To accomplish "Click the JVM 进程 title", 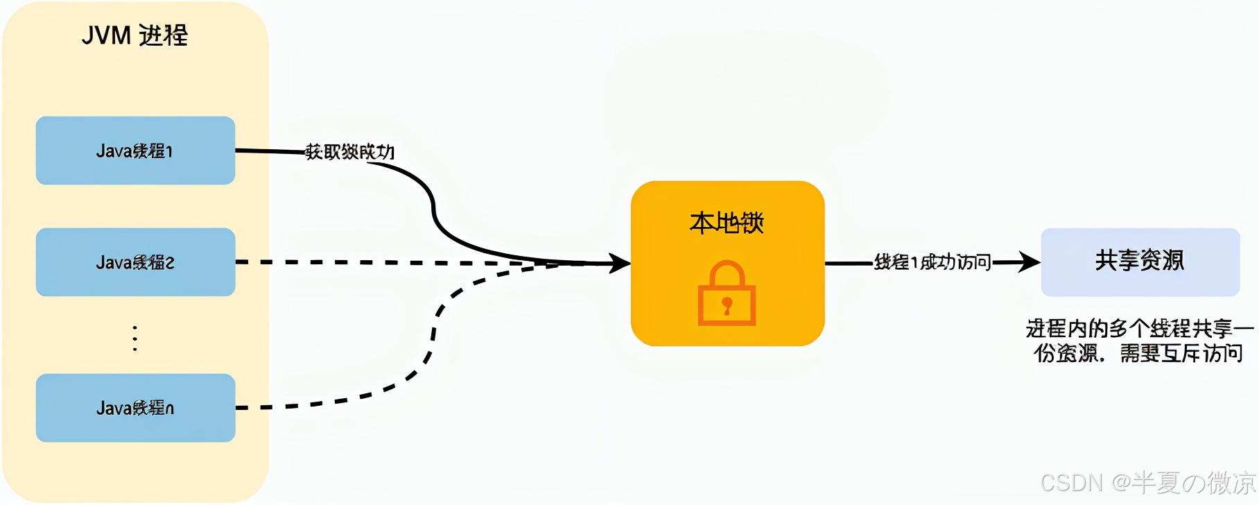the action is [135, 35].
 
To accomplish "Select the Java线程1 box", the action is [135, 151].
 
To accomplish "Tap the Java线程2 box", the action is [135, 262].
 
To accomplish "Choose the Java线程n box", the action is [135, 408].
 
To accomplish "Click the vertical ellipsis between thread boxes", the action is [135, 339].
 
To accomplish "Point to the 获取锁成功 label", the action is [350, 152].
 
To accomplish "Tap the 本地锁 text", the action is [727, 223].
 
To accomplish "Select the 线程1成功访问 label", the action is [932, 262].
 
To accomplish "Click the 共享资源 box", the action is [1140, 262].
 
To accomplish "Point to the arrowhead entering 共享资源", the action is [1030, 262].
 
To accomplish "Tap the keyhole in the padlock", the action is [727, 305].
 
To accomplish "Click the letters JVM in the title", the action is [106, 35].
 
